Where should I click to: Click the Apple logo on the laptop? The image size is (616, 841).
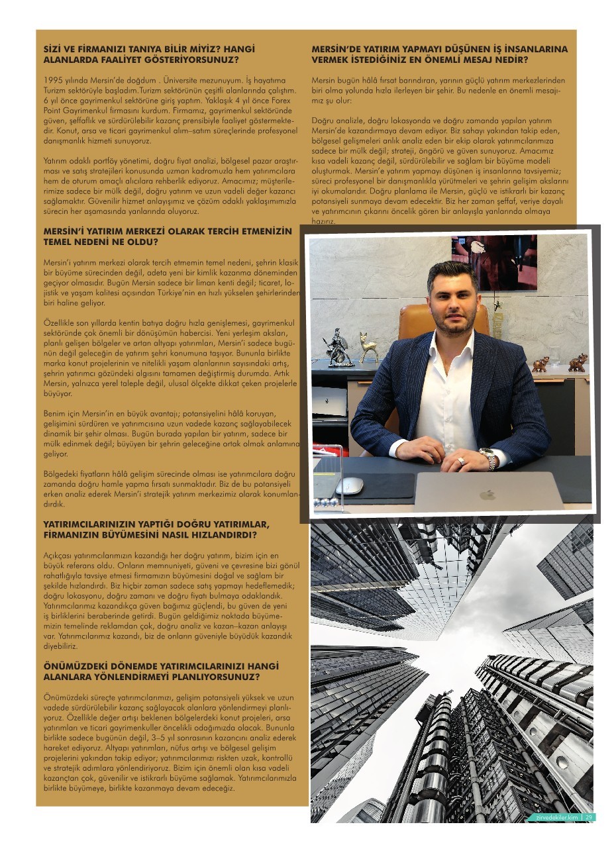pyautogui.click(x=488, y=494)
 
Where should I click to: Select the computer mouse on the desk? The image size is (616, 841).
pyautogui.click(x=349, y=486)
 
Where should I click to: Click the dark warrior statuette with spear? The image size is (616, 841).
pyautogui.click(x=339, y=346)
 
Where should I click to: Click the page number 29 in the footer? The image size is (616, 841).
pyautogui.click(x=589, y=817)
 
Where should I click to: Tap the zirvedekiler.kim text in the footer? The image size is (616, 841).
pyautogui.click(x=558, y=817)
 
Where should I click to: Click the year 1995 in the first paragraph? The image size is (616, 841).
pyautogui.click(x=52, y=80)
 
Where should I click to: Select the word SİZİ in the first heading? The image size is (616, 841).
pyautogui.click(x=51, y=49)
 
